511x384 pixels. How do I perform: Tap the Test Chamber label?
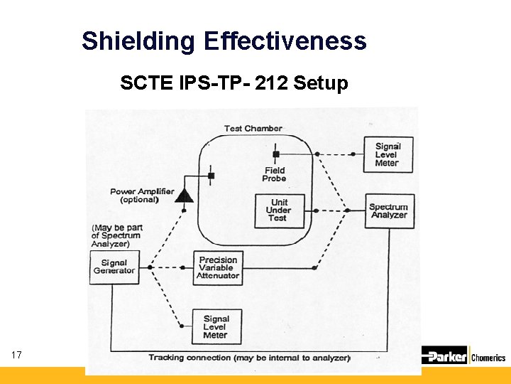(253, 129)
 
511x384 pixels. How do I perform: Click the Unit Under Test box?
(279, 210)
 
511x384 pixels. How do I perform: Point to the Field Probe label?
(275, 174)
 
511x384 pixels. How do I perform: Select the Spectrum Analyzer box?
(389, 210)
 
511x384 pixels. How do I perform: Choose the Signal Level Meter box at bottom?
(215, 326)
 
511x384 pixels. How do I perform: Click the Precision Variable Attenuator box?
(218, 267)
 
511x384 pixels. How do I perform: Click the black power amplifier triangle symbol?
(185, 195)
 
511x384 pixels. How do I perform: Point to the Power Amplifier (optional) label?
(142, 196)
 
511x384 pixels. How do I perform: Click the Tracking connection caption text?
(248, 358)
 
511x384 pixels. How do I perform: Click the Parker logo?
(445, 356)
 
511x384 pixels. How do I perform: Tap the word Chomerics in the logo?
(489, 357)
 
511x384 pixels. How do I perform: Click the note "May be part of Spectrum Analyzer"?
(117, 235)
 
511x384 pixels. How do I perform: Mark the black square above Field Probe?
(275, 154)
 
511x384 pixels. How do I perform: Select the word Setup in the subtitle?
(321, 84)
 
